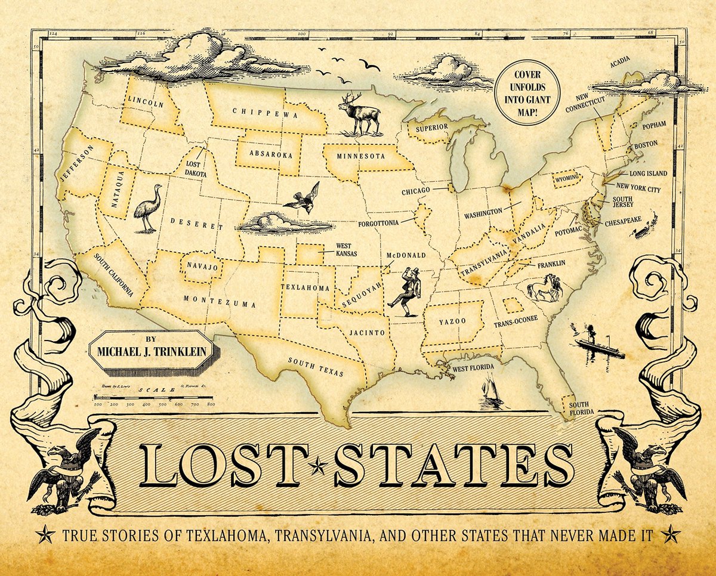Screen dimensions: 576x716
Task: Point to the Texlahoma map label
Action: pyautogui.click(x=305, y=288)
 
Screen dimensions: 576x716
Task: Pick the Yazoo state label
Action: pyautogui.click(x=452, y=322)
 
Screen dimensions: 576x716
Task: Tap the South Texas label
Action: pyautogui.click(x=316, y=367)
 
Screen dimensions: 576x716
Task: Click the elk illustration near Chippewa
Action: pyautogui.click(x=360, y=113)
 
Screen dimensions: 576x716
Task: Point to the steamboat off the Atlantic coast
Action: pyautogui.click(x=598, y=344)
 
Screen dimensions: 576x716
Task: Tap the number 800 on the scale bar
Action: pyautogui.click(x=211, y=404)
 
